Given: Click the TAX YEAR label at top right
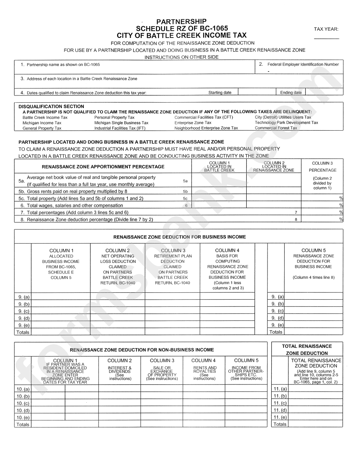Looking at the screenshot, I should point(326,29).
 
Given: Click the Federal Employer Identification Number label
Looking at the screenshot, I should point(303,64).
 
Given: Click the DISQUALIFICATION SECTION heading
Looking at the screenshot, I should point(51,106).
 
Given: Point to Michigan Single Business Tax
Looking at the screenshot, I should point(121,123).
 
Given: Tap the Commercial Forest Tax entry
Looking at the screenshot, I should point(276,128).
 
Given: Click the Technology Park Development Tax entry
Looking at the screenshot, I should point(286,123).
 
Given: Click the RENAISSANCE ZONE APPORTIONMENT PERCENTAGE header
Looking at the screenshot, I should point(103,167).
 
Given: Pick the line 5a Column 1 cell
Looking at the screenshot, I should point(219,181).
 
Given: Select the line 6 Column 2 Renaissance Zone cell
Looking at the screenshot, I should point(274,205).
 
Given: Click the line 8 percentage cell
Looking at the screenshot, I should point(322,219).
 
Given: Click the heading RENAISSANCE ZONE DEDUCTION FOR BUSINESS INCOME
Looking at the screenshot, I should point(180,237).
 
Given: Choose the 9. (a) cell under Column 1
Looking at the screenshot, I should point(61,297).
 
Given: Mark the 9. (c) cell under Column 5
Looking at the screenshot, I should point(313,311).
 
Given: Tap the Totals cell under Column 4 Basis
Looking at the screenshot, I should point(227,332).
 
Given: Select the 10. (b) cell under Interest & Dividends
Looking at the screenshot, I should point(120,396).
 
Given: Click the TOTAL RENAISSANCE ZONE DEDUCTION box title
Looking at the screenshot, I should point(307,349).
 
